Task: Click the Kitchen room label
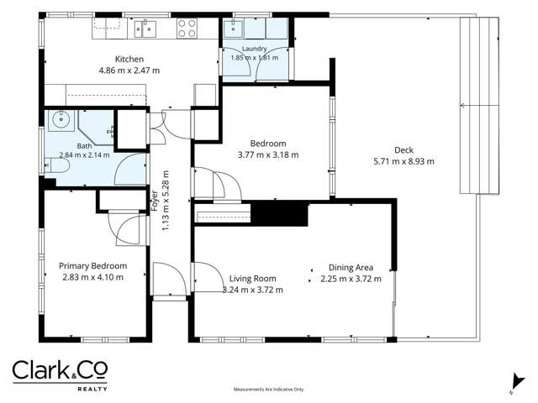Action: click(129, 59)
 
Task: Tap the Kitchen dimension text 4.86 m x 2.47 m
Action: click(129, 71)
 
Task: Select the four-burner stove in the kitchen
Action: click(187, 29)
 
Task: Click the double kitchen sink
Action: click(145, 29)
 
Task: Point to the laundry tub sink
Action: click(234, 28)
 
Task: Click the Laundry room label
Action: click(254, 49)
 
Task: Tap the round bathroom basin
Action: click(61, 119)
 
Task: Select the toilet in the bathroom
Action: click(57, 165)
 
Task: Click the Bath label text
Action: click(84, 146)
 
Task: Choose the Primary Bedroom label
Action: click(93, 266)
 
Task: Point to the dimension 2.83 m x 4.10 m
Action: click(92, 277)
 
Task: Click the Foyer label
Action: click(154, 201)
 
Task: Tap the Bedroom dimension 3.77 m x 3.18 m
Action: click(268, 154)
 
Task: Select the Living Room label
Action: click(252, 279)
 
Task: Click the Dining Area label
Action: click(351, 268)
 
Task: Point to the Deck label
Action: click(403, 150)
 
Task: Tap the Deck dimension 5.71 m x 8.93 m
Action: click(403, 161)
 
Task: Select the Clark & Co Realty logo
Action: click(60, 375)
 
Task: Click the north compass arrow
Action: click(518, 383)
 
